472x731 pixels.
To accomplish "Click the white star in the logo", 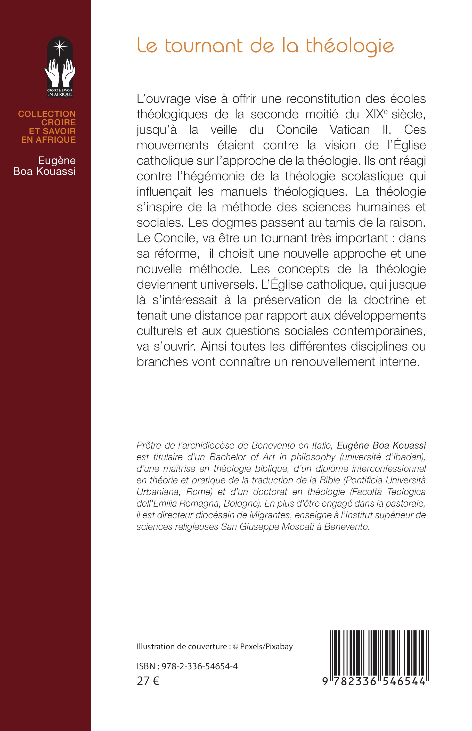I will click(60, 47).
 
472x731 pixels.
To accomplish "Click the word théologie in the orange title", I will click(350, 47).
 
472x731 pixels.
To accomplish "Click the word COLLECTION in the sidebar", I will click(47, 114).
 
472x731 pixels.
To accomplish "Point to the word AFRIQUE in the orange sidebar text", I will click(56, 140).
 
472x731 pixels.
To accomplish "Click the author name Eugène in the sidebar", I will click(57, 161).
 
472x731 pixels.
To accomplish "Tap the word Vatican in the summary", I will click(349, 130).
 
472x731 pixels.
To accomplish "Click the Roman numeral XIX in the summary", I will click(375, 114).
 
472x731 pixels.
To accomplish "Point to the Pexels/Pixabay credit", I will click(266, 646).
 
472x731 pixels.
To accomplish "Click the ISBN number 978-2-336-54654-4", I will click(200, 666).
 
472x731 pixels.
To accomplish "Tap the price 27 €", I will click(148, 681).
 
